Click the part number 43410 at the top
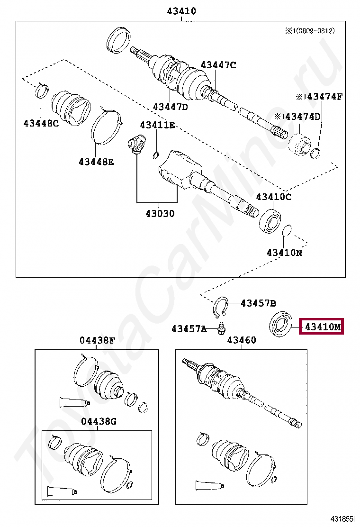(x=181, y=11)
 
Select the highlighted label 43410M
(x=322, y=327)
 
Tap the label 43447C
(x=218, y=65)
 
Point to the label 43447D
(x=170, y=107)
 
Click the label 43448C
(x=41, y=124)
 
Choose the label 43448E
(x=96, y=162)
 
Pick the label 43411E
(x=157, y=125)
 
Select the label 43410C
(x=274, y=197)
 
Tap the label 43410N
(x=284, y=253)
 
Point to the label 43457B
(x=258, y=303)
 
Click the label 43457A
(x=189, y=328)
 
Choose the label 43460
(x=241, y=340)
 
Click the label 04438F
(x=97, y=340)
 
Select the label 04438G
(x=98, y=421)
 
